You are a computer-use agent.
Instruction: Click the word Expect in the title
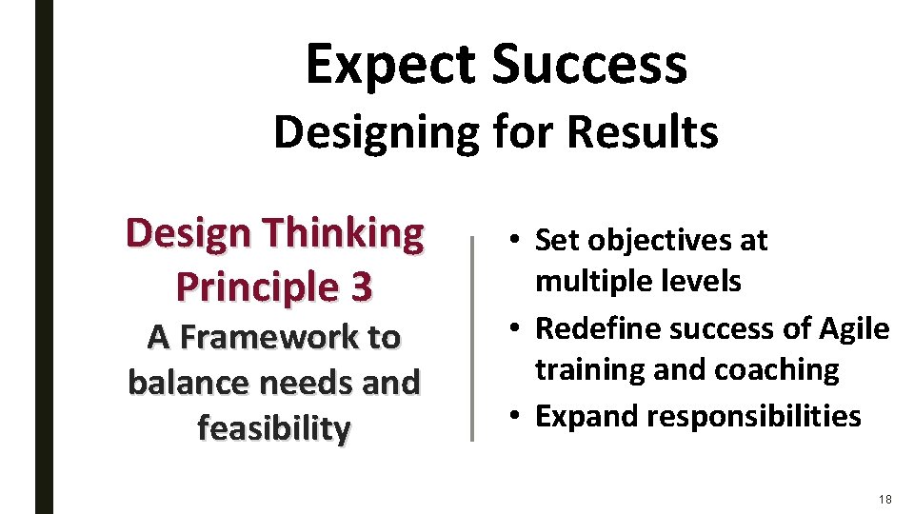[x=391, y=65]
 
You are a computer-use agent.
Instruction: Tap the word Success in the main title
[x=589, y=65]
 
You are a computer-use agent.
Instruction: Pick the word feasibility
[x=274, y=428]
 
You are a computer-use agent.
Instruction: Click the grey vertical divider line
[x=471, y=337]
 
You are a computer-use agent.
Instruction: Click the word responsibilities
[x=751, y=416]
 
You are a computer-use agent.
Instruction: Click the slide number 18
[x=885, y=499]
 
